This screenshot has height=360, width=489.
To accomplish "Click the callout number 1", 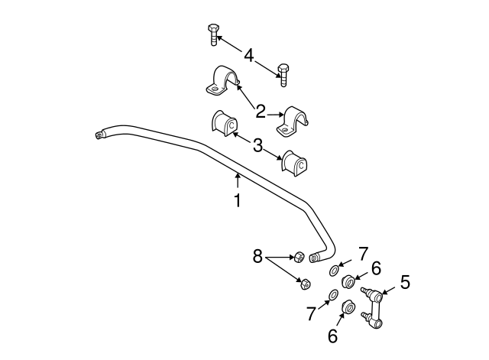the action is pyautogui.click(x=238, y=200).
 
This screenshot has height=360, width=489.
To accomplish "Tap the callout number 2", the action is pyautogui.click(x=261, y=112).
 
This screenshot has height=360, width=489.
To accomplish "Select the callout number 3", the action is pyautogui.click(x=257, y=145).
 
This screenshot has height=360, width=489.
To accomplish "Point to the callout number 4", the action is pyautogui.click(x=248, y=56).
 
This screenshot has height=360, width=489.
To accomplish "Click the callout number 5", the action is pyautogui.click(x=405, y=282).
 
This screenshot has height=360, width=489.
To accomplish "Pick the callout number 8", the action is pyautogui.click(x=257, y=257).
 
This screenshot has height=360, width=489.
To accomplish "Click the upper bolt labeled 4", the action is pyautogui.click(x=213, y=34).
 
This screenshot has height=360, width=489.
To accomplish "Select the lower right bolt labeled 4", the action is pyautogui.click(x=283, y=75).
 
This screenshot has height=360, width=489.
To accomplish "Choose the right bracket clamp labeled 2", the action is pyautogui.click(x=293, y=122).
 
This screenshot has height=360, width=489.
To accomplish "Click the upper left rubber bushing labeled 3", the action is pyautogui.click(x=224, y=123).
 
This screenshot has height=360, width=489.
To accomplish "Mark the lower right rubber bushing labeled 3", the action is pyautogui.click(x=294, y=162).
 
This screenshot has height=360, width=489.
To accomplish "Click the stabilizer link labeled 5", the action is pyautogui.click(x=372, y=307).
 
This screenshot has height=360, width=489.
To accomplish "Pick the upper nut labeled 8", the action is pyautogui.click(x=299, y=256).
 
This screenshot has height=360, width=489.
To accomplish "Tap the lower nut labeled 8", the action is pyautogui.click(x=305, y=284).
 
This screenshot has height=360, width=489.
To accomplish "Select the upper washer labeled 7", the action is pyautogui.click(x=334, y=271).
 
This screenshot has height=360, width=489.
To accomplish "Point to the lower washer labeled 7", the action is pyautogui.click(x=333, y=295).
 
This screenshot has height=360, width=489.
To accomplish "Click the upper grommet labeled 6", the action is pyautogui.click(x=348, y=282).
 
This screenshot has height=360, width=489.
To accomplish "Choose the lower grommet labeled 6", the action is pyautogui.click(x=348, y=306).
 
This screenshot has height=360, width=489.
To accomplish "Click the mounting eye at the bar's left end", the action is pyautogui.click(x=99, y=135).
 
